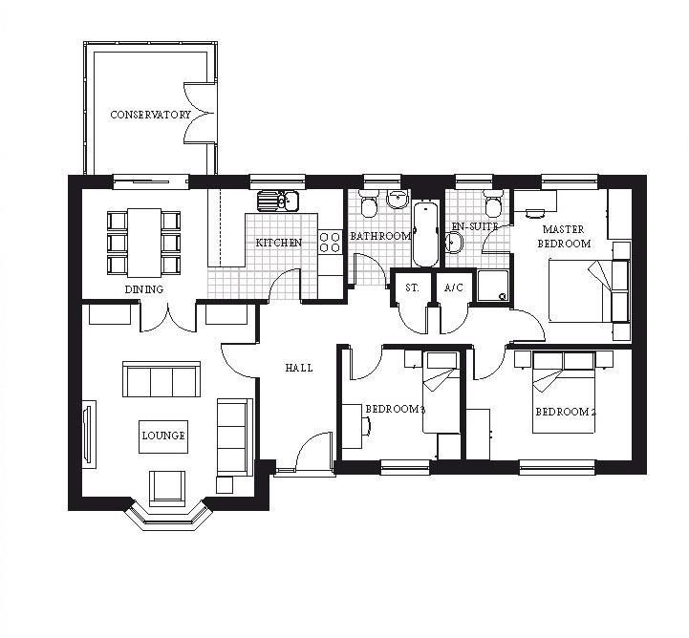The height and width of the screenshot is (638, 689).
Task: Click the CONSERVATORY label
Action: (x=150, y=115)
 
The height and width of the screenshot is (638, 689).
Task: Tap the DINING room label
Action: (x=143, y=288)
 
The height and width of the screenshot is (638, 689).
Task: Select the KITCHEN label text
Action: (x=278, y=243)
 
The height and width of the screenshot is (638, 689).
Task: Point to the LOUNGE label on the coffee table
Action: (x=163, y=436)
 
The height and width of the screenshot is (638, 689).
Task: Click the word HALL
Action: (x=298, y=368)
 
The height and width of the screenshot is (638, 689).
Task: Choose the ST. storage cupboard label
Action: (x=412, y=287)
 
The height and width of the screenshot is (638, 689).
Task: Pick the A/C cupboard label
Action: (x=452, y=287)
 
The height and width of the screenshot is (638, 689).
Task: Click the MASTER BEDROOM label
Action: (x=566, y=236)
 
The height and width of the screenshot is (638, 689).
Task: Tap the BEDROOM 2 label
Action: (x=565, y=412)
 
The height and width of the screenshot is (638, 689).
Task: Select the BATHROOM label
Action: (x=379, y=235)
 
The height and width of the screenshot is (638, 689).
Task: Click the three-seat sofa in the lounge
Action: (x=161, y=379)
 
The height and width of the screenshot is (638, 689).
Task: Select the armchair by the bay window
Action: (x=167, y=486)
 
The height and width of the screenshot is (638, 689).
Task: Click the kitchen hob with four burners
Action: (x=331, y=242)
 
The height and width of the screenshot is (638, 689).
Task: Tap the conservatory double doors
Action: (x=199, y=115)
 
